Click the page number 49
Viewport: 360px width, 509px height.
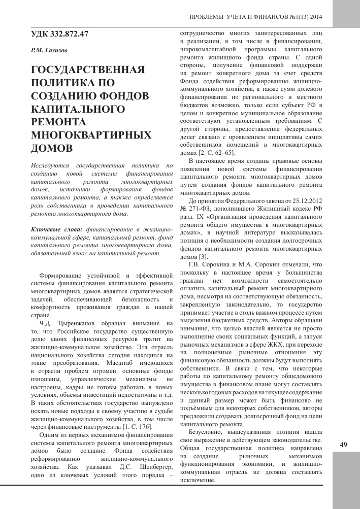[x=344, y=445]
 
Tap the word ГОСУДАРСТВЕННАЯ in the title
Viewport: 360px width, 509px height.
[x=88, y=69]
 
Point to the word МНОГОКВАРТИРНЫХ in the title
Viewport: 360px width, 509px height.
[x=91, y=135]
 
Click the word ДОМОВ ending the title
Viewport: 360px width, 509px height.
[x=52, y=148]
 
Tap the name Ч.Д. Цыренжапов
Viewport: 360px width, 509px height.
[x=70, y=323]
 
